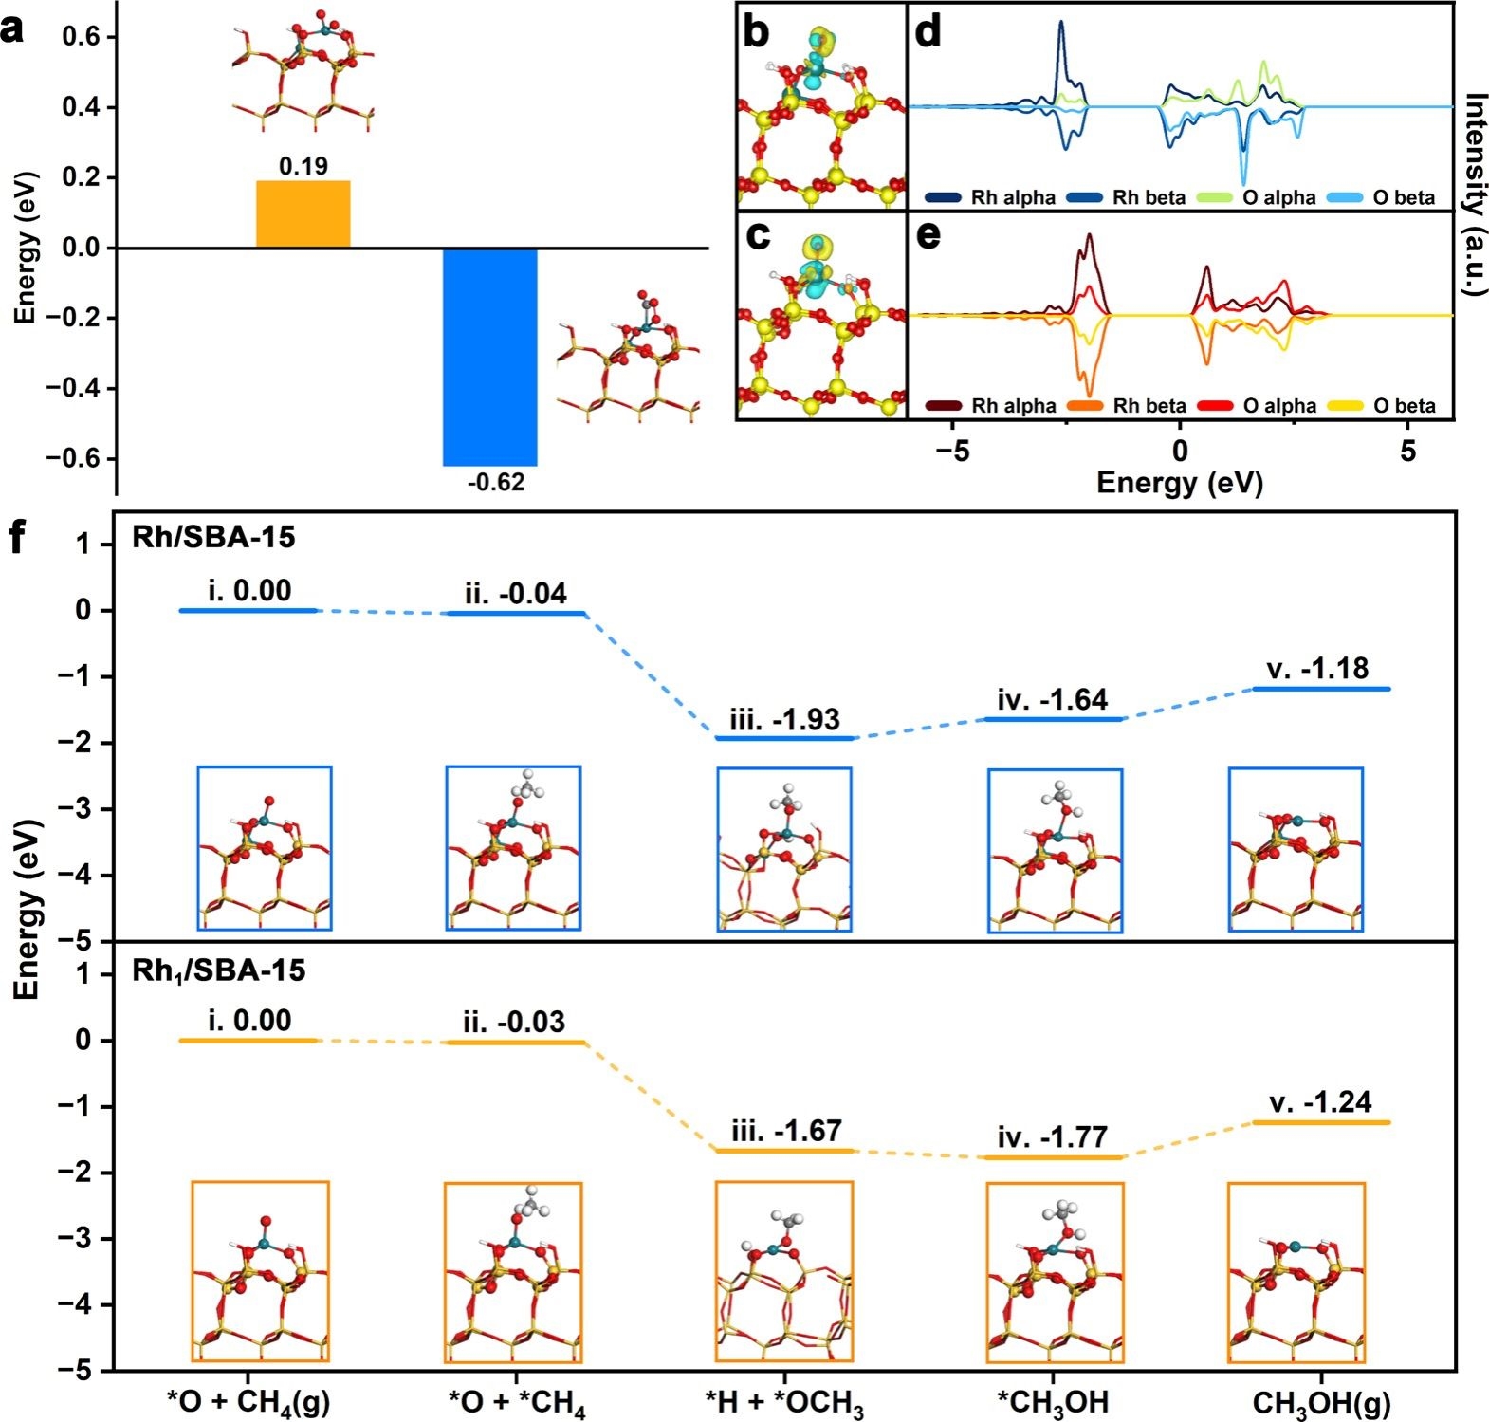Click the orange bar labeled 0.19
pos(303,213)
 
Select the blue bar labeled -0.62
pos(490,357)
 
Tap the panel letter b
pos(756,33)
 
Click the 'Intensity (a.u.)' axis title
pos(1473,194)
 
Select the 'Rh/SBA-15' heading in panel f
pos(213,538)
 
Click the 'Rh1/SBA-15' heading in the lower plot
pos(219,970)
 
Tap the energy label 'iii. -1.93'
pos(784,720)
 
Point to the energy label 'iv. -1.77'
pos(1053,1136)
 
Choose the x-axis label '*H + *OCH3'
pos(784,1402)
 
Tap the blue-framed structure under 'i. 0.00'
pos(265,847)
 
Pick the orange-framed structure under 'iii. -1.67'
pos(784,1271)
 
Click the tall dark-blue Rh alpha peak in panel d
pos(1061,28)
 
